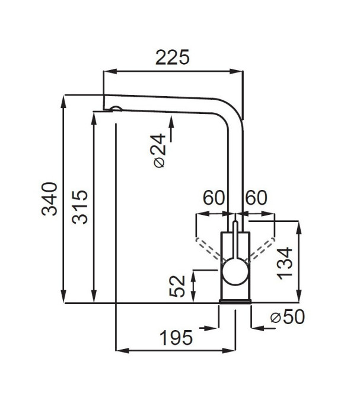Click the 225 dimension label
tap(173, 58)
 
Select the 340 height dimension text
tap(49, 199)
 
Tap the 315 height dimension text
tap(80, 207)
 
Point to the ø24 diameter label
tap(159, 151)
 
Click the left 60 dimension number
tap(214, 198)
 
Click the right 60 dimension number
tap(256, 198)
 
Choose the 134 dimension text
tap(285, 264)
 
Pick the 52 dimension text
tap(177, 286)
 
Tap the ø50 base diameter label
tap(288, 317)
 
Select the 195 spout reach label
tap(176, 338)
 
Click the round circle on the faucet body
tap(235, 272)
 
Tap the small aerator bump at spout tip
tap(116, 108)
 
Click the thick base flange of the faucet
tap(235, 302)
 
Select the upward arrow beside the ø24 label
tap(171, 129)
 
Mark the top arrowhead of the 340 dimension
tap(63, 101)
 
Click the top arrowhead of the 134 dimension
tap(299, 227)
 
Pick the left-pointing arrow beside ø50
tap(263, 328)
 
